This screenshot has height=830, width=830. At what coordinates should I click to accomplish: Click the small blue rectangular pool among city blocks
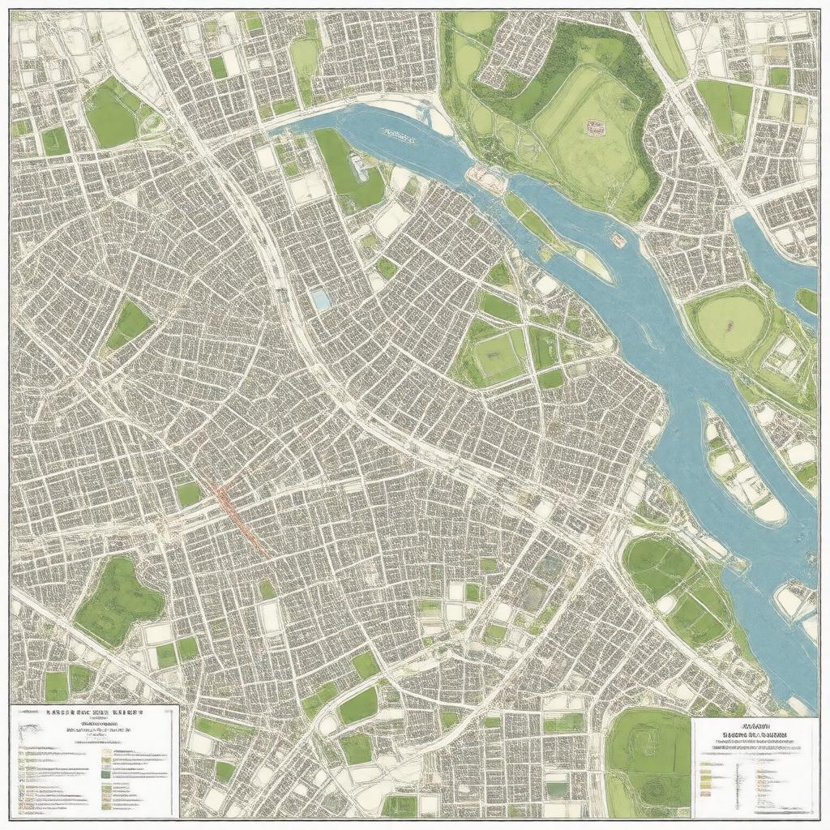[321, 299]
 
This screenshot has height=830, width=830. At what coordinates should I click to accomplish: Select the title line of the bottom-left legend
[93, 715]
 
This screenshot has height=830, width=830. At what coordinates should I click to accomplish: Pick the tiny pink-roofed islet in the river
[618, 239]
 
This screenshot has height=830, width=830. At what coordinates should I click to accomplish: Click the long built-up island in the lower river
[742, 470]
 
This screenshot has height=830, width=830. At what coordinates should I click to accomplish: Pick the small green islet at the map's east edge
[807, 301]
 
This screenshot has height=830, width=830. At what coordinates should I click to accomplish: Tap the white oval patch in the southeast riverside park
[666, 604]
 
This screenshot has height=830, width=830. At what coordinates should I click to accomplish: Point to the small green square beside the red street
[188, 494]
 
